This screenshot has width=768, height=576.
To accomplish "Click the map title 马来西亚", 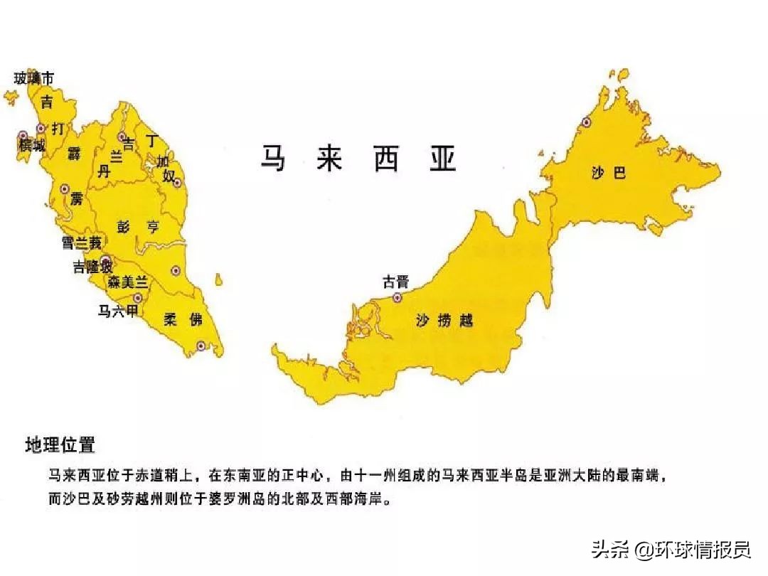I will pyautogui.click(x=357, y=159).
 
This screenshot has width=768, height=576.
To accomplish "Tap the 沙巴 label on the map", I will pyautogui.click(x=609, y=172).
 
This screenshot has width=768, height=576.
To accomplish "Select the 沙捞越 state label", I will pyautogui.click(x=444, y=321).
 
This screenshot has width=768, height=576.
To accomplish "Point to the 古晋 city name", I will pyautogui.click(x=396, y=282).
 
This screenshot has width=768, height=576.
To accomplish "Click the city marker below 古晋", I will pyautogui.click(x=398, y=298).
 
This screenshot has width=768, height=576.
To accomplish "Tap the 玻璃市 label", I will pyautogui.click(x=33, y=78).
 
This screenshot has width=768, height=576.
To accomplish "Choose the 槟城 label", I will pyautogui.click(x=32, y=146).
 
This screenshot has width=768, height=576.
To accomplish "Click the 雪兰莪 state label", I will pyautogui.click(x=81, y=243).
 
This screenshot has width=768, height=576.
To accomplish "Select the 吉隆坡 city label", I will pyautogui.click(x=92, y=267).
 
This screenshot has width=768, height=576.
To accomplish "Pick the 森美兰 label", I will pyautogui.click(x=127, y=282).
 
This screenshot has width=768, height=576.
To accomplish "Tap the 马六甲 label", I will pyautogui.click(x=117, y=311).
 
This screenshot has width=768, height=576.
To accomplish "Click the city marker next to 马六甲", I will pyautogui.click(x=138, y=299).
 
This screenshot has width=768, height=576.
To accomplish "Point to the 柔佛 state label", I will pyautogui.click(x=183, y=319).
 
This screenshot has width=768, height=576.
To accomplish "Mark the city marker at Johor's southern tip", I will pyautogui.click(x=201, y=346).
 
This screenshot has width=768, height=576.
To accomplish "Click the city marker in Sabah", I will pyautogui.click(x=587, y=122).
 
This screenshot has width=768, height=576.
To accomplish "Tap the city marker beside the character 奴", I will pyautogui.click(x=177, y=182).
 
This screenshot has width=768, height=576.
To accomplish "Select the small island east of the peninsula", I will pyautogui.click(x=220, y=281).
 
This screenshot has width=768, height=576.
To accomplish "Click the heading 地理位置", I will pyautogui.click(x=60, y=446).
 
